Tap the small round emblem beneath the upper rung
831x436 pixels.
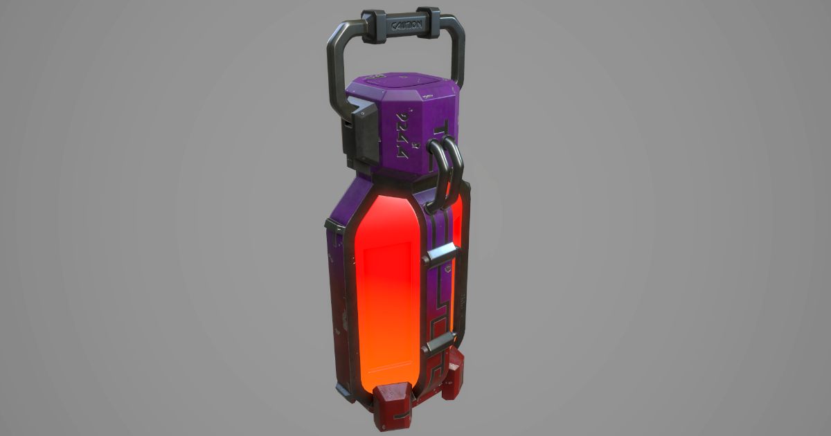449,266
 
